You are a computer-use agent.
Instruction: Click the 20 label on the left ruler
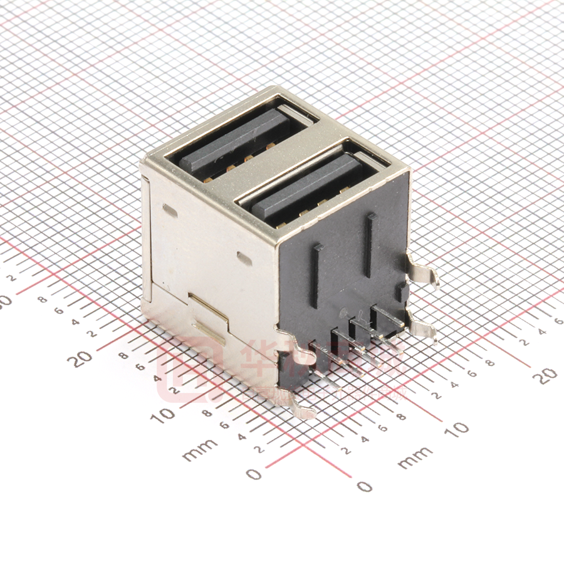(83, 358)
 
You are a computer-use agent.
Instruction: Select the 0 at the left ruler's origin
(253, 474)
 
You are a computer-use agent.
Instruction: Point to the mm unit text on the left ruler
(200, 449)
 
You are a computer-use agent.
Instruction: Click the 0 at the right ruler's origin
(363, 486)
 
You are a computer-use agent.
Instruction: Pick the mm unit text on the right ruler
(415, 457)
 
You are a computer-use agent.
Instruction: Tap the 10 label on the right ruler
(459, 429)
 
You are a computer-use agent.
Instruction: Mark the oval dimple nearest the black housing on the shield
(244, 258)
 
